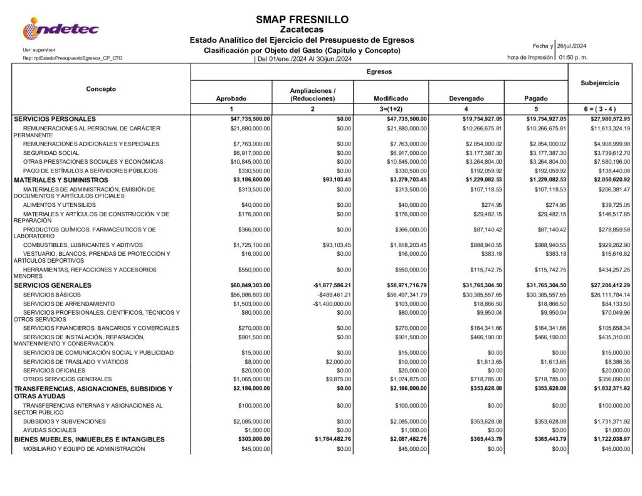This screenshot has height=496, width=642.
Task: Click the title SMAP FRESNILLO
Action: (x=302, y=19)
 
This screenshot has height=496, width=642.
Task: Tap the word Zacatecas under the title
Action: (x=302, y=29)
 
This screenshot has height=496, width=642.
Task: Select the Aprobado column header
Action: (x=231, y=98)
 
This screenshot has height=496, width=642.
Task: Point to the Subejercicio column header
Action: (x=600, y=83)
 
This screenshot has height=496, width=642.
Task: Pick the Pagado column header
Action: (x=535, y=98)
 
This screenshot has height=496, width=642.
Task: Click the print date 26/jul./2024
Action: (x=571, y=46)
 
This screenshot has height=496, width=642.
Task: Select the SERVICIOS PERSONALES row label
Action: (x=55, y=119)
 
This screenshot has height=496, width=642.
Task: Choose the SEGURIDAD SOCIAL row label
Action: (x=51, y=152)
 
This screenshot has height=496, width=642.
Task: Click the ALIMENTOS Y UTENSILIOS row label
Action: (x=60, y=204)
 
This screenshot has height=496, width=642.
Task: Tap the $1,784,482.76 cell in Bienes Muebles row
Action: (x=333, y=440)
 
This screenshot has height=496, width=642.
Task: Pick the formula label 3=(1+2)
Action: (x=391, y=109)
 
